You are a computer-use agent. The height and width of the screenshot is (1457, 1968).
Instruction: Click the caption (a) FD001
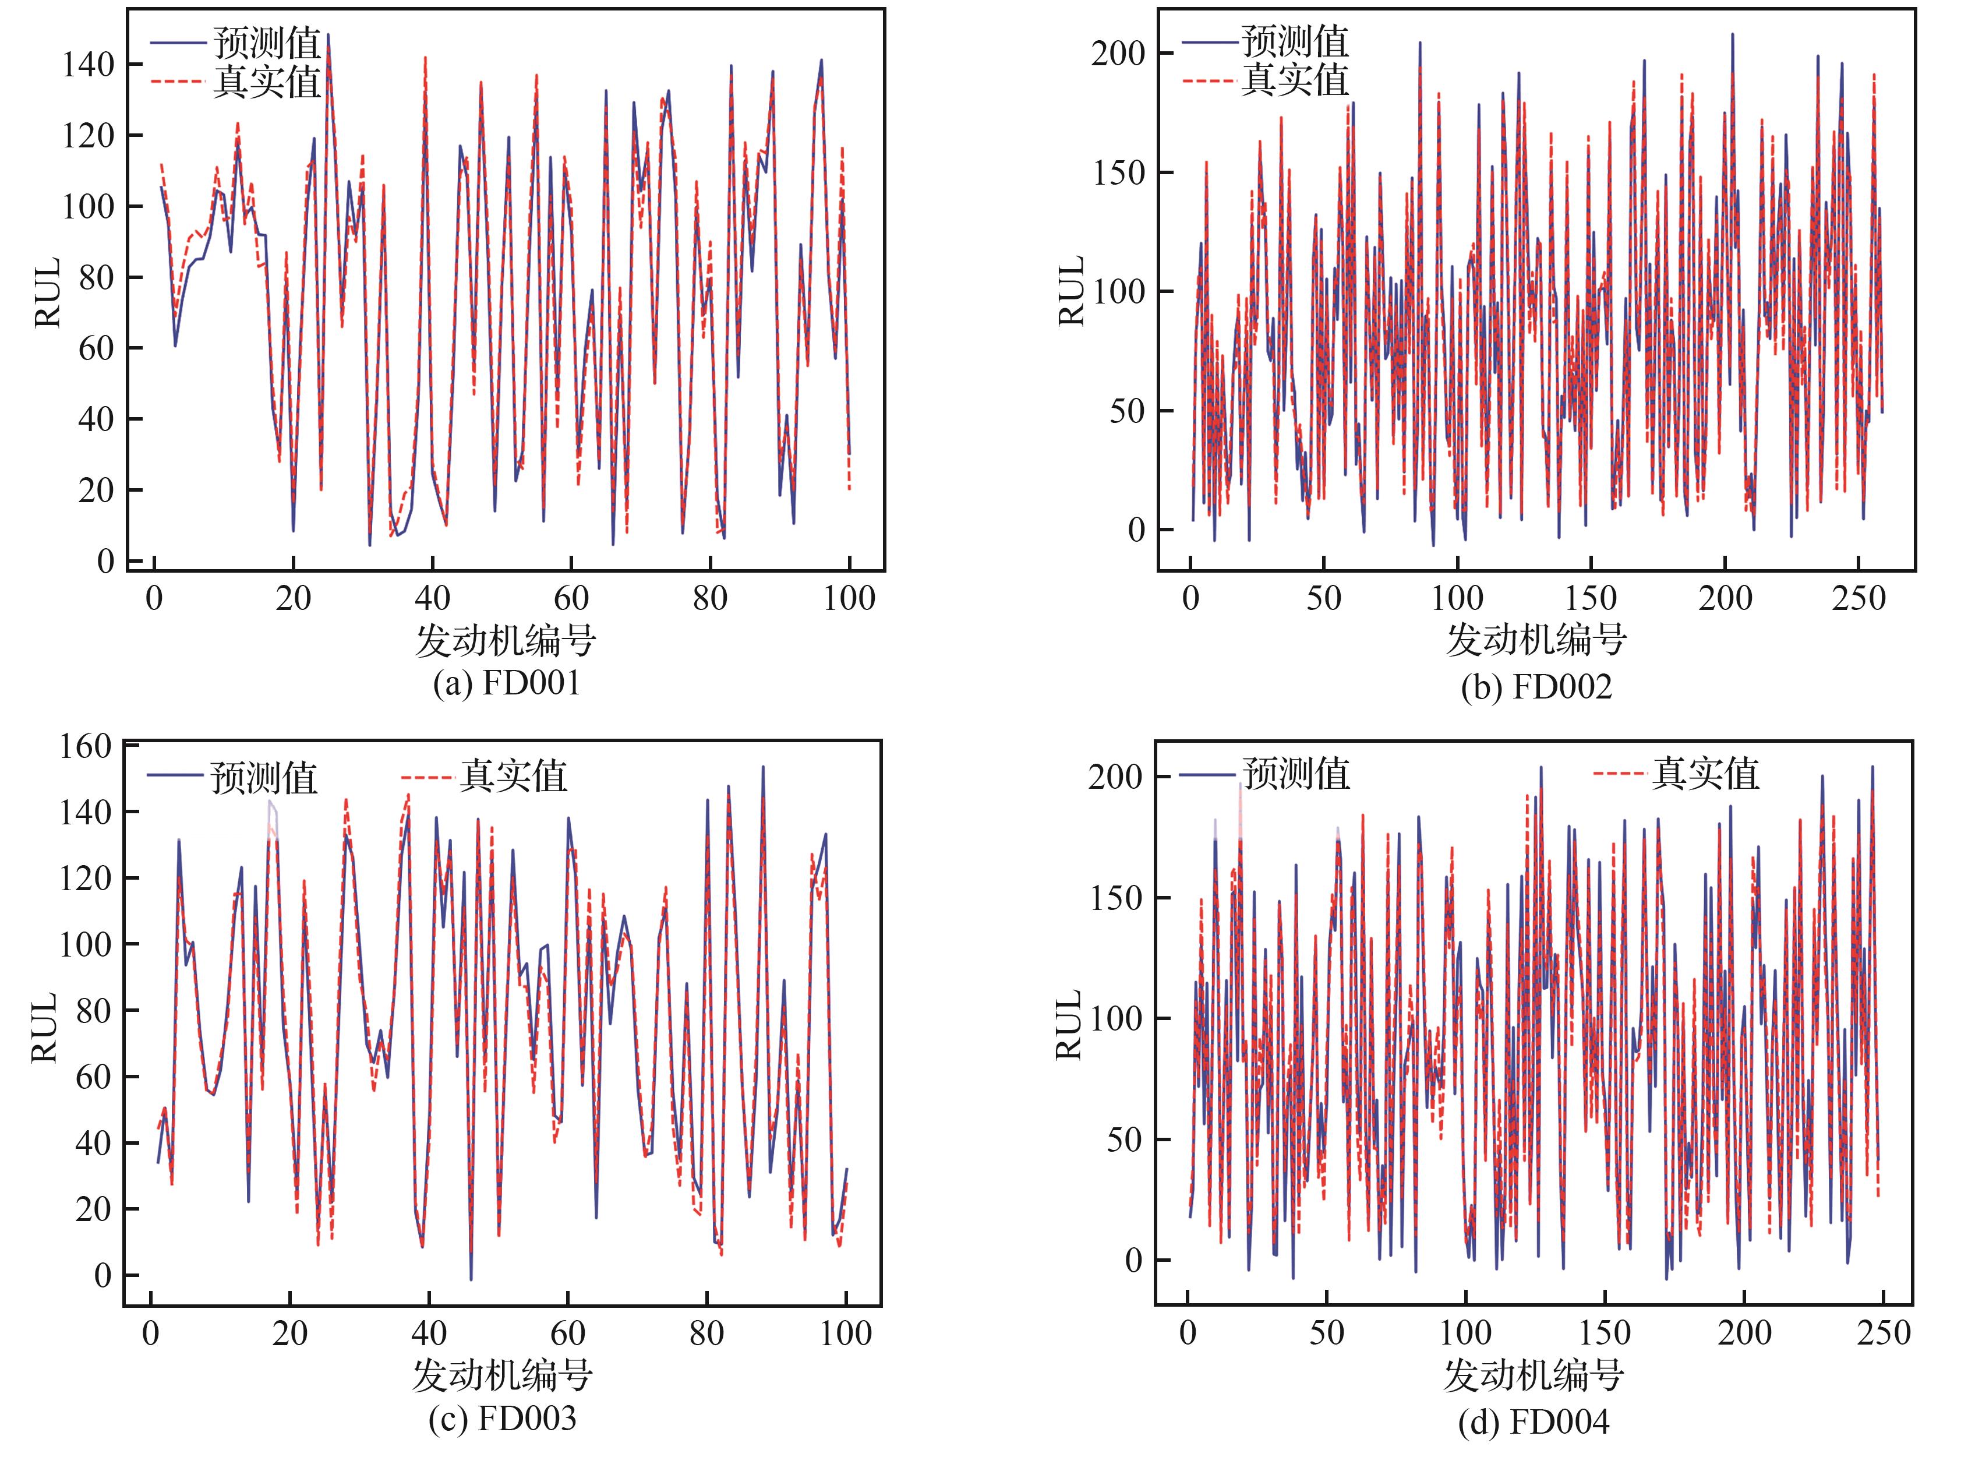(x=506, y=683)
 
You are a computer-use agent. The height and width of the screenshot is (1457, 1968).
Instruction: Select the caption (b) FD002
(x=1536, y=686)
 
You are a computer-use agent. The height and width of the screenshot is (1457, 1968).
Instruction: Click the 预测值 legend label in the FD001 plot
(x=267, y=43)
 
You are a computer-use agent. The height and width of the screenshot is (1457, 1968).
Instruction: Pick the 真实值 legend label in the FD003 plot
(x=513, y=776)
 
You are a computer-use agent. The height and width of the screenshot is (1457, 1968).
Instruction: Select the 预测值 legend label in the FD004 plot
(x=1296, y=774)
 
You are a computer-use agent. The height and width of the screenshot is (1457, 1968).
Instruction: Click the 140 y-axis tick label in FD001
(x=88, y=65)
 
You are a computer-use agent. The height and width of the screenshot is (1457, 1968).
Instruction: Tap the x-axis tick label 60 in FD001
(x=571, y=599)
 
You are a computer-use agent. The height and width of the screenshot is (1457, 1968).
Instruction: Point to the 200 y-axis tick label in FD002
(x=1117, y=54)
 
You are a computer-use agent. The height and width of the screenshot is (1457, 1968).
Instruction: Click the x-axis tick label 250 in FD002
(x=1859, y=599)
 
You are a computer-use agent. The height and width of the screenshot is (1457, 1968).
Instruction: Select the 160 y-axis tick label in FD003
(x=86, y=746)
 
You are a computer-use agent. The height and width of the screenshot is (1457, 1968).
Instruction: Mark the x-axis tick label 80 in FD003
(x=706, y=1333)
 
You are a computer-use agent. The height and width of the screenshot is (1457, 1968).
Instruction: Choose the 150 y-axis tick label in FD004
(x=1115, y=898)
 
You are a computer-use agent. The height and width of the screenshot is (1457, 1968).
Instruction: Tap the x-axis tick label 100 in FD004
(x=1465, y=1333)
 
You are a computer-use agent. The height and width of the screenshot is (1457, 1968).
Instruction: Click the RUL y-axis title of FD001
(x=48, y=293)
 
